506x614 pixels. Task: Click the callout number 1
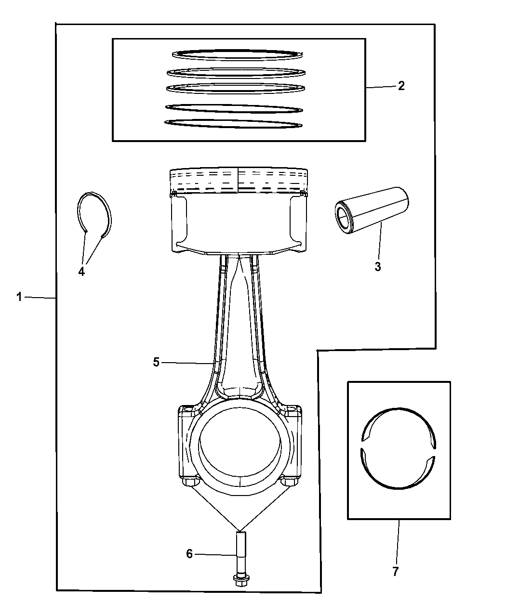19,297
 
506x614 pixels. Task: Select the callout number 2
401,86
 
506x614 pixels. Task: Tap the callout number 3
378,266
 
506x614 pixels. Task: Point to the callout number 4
81,272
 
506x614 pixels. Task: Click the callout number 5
156,362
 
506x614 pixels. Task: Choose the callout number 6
189,554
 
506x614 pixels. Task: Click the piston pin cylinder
372,210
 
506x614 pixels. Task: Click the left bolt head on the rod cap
191,482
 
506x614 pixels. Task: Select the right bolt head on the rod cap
289,482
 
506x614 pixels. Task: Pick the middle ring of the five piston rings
236,89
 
